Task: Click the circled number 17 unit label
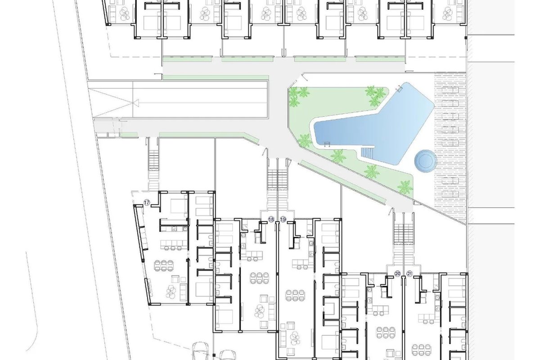147,202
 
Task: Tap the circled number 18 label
271,220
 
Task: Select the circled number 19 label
283,220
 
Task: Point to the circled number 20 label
397,274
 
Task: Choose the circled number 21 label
409,274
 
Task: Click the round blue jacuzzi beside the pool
426,161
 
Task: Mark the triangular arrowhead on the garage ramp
136,103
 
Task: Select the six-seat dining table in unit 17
164,265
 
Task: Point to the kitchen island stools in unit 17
173,248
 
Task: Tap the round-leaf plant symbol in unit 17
171,292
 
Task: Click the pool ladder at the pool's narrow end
327,144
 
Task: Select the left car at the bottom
200,351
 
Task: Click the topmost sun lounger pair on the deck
450,90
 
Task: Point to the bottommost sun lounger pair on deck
450,193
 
